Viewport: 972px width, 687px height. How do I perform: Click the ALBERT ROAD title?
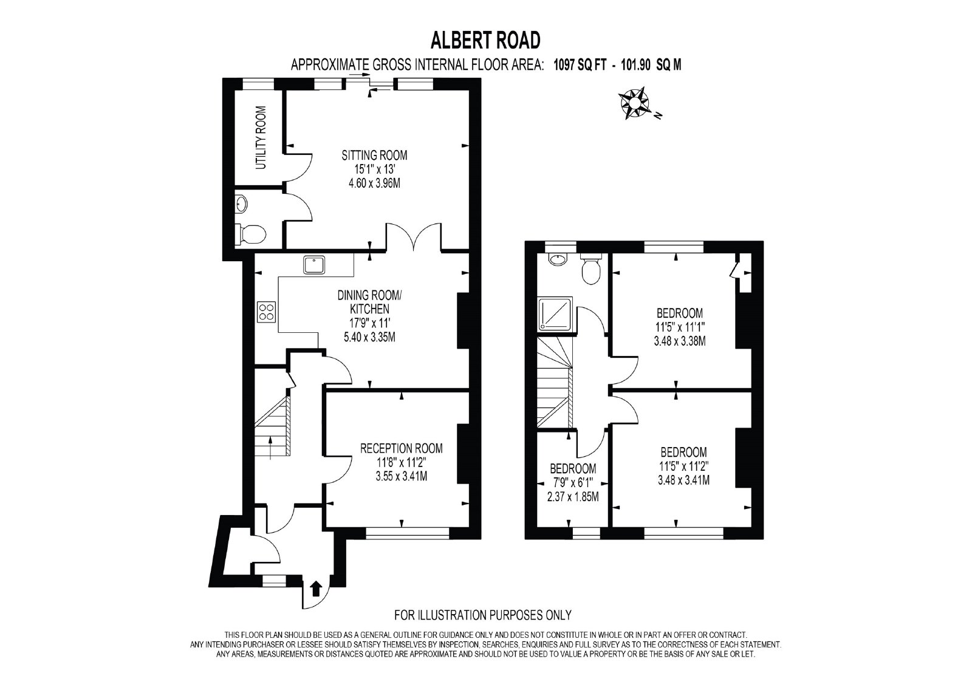coord(485,40)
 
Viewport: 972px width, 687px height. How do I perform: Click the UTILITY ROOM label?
coord(261,137)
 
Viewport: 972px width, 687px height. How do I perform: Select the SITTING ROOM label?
coord(374,155)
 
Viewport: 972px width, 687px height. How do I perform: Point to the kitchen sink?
coord(315,265)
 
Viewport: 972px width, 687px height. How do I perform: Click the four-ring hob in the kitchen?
coord(266,312)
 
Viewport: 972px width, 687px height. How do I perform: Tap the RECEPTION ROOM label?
coord(402,448)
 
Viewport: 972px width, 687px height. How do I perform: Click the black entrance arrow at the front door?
coord(316,589)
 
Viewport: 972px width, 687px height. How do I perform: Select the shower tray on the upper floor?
coord(555,315)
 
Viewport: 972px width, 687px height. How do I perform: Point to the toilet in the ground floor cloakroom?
coord(250,235)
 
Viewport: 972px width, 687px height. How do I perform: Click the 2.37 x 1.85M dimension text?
coord(573,497)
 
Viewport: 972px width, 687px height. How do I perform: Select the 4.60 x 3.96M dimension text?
coord(374,183)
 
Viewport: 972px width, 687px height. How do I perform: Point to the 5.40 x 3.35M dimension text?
coord(370,337)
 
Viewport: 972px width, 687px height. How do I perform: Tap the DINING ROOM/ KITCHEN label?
coord(370,302)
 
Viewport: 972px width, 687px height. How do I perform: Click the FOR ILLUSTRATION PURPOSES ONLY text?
coord(482,615)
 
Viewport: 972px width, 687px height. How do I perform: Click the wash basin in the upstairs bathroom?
coord(557,260)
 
